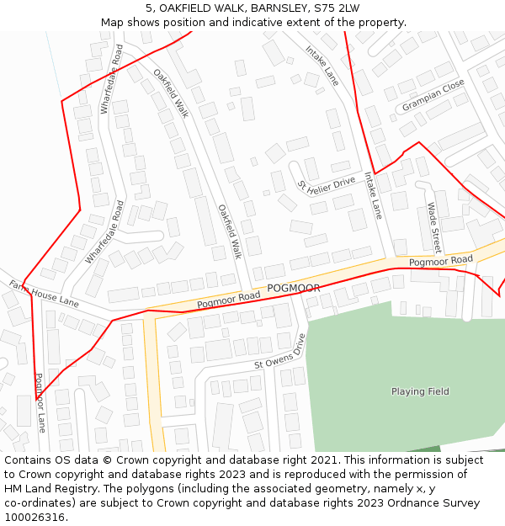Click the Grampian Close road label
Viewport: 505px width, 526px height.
coord(433,96)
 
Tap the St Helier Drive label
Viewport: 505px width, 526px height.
coord(327,185)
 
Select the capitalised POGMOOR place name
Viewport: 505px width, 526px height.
coord(294,289)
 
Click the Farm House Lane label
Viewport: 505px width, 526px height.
coord(44,292)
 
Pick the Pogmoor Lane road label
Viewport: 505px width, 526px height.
coord(40,403)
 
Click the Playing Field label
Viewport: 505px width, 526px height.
coord(420,391)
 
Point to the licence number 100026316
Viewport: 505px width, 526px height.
coord(35,518)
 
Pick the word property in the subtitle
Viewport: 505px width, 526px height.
coord(380,23)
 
